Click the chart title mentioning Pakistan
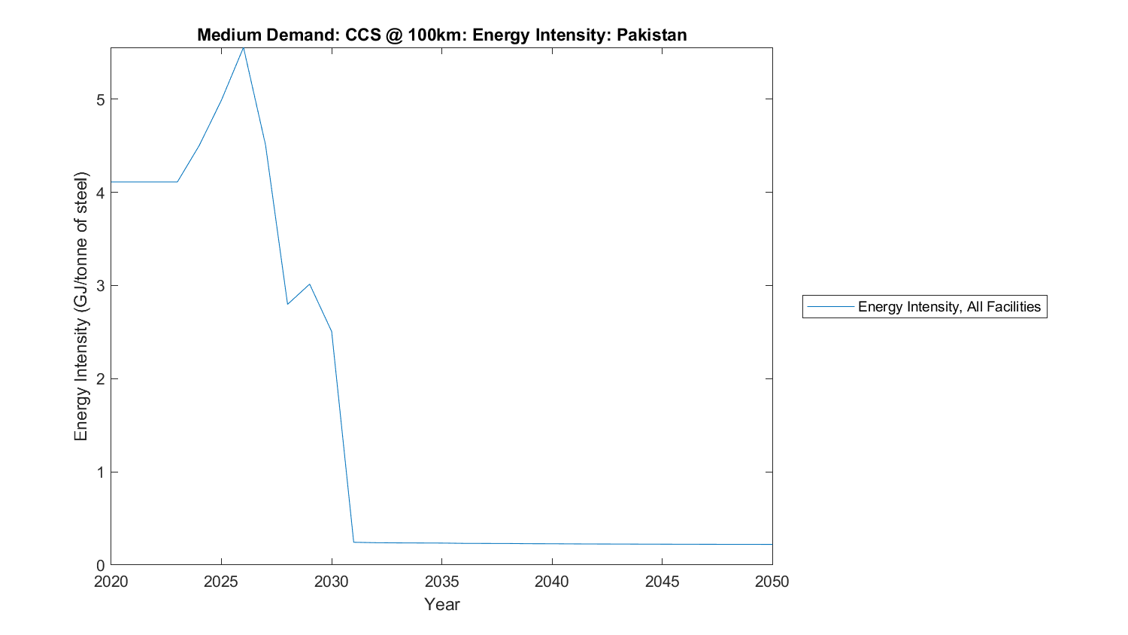pos(441,35)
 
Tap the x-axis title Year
pos(441,604)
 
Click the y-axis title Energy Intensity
pos(81,306)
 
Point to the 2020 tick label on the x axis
pos(111,582)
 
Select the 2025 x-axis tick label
pos(221,582)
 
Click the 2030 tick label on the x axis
pos(332,582)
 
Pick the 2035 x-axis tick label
pos(441,582)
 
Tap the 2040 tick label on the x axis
pos(552,582)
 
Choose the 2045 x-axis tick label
pos(662,582)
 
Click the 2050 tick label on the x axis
pos(772,582)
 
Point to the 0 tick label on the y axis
pos(99,565)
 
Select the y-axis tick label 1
pos(99,472)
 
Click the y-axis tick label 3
pos(99,285)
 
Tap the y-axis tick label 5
pos(99,99)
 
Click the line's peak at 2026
pos(243,48)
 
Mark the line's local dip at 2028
pos(287,304)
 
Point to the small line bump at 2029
pos(309,284)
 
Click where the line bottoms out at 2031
pos(353,542)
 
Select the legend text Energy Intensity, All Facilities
pos(949,306)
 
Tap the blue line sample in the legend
pos(830,306)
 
